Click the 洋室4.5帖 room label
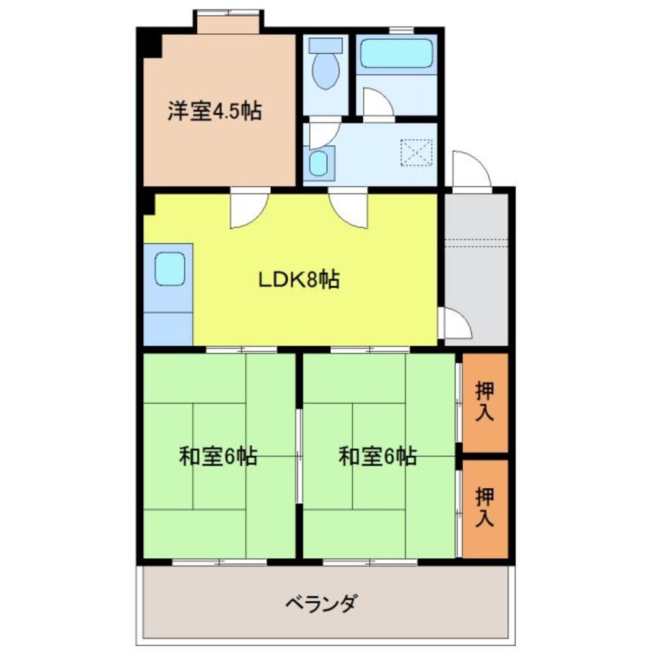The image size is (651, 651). click(215, 111)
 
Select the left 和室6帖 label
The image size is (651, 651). click(218, 456)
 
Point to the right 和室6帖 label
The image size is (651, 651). click(378, 456)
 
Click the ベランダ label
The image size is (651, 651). click(321, 603)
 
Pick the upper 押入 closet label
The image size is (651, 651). click(485, 402)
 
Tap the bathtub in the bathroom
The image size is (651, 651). click(397, 53)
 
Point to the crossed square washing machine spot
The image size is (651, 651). click(417, 154)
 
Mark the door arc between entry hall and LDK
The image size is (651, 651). click(456, 324)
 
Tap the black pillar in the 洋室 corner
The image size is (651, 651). click(152, 44)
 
